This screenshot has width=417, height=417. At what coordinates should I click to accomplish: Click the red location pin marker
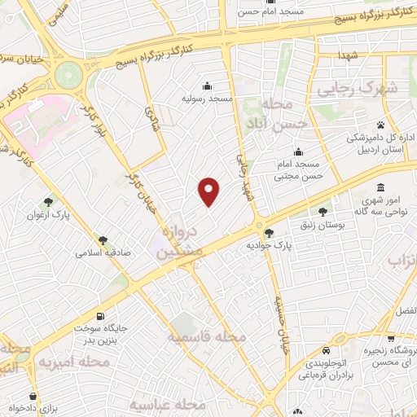pos(210,191)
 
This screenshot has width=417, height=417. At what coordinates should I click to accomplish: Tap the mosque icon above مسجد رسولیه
pos(208,86)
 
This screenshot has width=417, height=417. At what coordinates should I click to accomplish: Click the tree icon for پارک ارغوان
pos(50,201)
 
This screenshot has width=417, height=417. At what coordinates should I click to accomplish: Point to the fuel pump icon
pos(100,315)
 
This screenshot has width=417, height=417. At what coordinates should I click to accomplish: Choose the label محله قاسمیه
pos(207,336)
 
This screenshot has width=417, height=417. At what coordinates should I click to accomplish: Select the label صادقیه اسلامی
pos(99,252)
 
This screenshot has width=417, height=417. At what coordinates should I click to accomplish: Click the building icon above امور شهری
pos(381,187)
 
